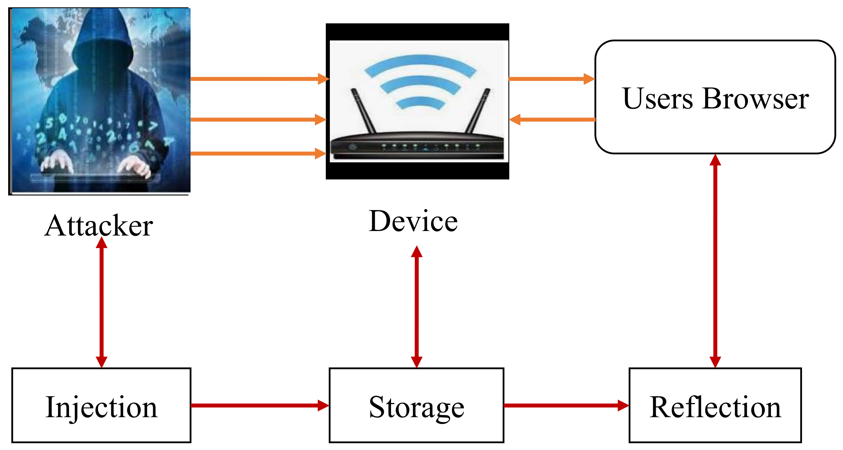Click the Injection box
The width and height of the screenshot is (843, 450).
click(101, 405)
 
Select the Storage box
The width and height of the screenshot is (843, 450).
click(416, 405)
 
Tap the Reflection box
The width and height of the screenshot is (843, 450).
click(715, 405)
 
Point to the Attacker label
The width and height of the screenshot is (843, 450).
click(99, 226)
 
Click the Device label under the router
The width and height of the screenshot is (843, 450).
click(413, 221)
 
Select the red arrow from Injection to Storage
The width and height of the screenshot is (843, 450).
click(258, 405)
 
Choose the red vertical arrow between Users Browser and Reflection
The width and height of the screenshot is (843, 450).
click(715, 262)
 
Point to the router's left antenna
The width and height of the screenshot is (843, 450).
click(363, 111)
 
